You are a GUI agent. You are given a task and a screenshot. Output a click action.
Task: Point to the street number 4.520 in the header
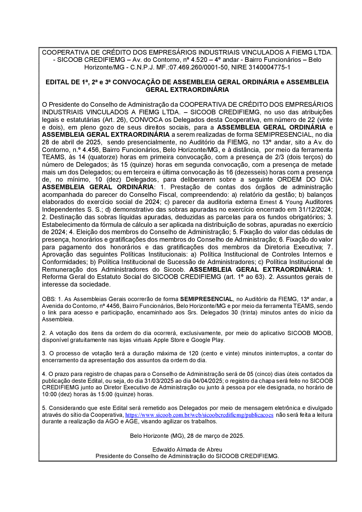[199, 60]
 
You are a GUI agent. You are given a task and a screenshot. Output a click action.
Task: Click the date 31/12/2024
[314, 210]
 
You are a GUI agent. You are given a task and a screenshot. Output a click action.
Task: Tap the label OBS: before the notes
[49, 299]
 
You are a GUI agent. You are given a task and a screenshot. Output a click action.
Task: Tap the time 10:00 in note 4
[49, 394]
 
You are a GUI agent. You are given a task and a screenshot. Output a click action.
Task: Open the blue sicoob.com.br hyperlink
[199, 415]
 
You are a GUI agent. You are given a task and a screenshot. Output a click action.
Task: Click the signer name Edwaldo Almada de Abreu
[187, 450]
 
